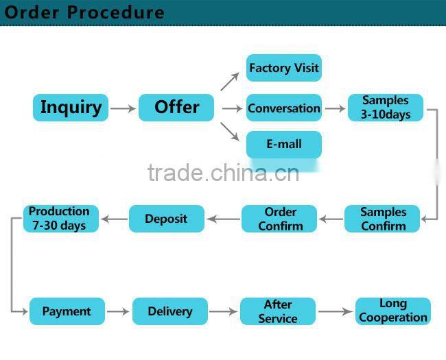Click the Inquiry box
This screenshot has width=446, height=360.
click(x=71, y=108)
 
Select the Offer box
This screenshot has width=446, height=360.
click(x=176, y=108)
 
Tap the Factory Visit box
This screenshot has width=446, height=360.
click(x=283, y=68)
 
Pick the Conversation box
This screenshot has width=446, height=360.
click(x=283, y=108)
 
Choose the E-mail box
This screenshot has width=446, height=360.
click(x=283, y=145)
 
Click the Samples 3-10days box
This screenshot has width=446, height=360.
click(x=385, y=108)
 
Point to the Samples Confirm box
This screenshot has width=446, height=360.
click(x=383, y=219)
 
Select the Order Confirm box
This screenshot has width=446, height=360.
click(x=279, y=219)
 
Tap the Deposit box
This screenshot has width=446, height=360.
click(x=166, y=219)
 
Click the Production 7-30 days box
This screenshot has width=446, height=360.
click(x=60, y=218)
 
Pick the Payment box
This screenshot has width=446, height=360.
click(x=67, y=311)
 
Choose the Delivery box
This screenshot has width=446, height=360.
click(x=169, y=311)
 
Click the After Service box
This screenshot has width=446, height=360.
click(x=277, y=311)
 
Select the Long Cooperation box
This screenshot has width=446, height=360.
click(x=392, y=311)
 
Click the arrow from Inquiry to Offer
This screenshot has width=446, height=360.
click(x=123, y=108)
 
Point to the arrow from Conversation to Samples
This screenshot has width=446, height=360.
click(x=335, y=108)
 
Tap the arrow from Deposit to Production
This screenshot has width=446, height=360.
click(x=114, y=219)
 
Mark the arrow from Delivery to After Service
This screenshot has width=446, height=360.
click(x=224, y=312)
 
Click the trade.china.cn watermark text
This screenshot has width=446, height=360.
click(x=223, y=173)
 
